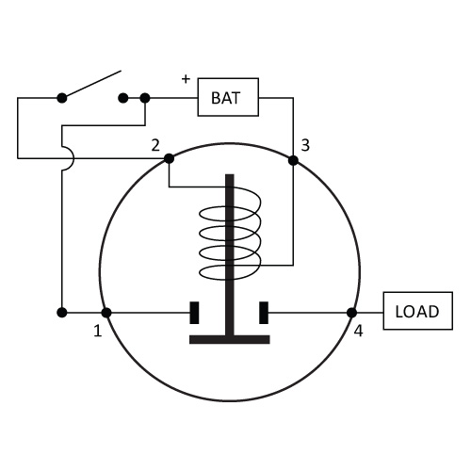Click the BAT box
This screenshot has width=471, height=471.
pyautogui.click(x=228, y=97)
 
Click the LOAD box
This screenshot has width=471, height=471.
pyautogui.click(x=418, y=311)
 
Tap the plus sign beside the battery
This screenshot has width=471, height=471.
pyautogui.click(x=186, y=79)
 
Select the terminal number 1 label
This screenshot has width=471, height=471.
pyautogui.click(x=98, y=331)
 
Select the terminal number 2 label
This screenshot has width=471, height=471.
pyautogui.click(x=155, y=145)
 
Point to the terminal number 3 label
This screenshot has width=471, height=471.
pyautogui.click(x=305, y=145)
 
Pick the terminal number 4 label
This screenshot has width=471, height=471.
pyautogui.click(x=359, y=331)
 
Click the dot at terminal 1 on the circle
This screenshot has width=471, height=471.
pyautogui.click(x=106, y=313)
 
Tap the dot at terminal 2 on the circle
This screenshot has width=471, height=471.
pyautogui.click(x=169, y=158)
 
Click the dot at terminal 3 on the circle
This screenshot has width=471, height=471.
pyautogui.click(x=293, y=160)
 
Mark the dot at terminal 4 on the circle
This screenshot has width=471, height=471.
pyautogui.click(x=351, y=313)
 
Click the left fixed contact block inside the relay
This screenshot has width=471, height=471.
pyautogui.click(x=194, y=313)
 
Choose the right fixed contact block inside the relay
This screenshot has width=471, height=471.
pyautogui.click(x=264, y=313)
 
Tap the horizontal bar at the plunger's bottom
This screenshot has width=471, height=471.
pyautogui.click(x=230, y=339)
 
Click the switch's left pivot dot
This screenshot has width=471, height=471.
pyautogui.click(x=62, y=98)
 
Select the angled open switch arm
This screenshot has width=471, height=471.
pyautogui.click(x=91, y=84)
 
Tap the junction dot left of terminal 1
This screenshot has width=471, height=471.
pyautogui.click(x=62, y=313)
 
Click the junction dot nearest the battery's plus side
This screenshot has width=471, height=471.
pyautogui.click(x=145, y=98)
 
